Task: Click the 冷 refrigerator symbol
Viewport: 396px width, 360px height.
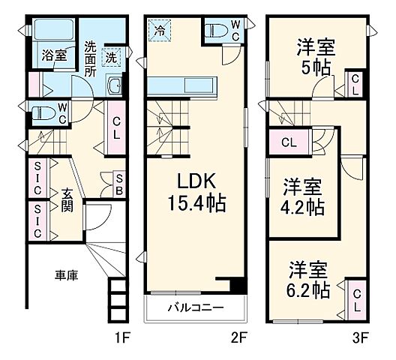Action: click(160, 31)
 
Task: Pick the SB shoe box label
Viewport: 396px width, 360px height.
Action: click(118, 184)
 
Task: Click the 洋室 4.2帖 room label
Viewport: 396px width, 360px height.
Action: click(303, 196)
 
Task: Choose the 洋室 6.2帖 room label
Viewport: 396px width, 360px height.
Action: click(309, 279)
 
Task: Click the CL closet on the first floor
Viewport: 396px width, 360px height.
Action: click(117, 129)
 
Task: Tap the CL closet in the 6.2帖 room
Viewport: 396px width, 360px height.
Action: click(355, 301)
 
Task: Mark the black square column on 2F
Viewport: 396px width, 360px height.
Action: click(237, 285)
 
